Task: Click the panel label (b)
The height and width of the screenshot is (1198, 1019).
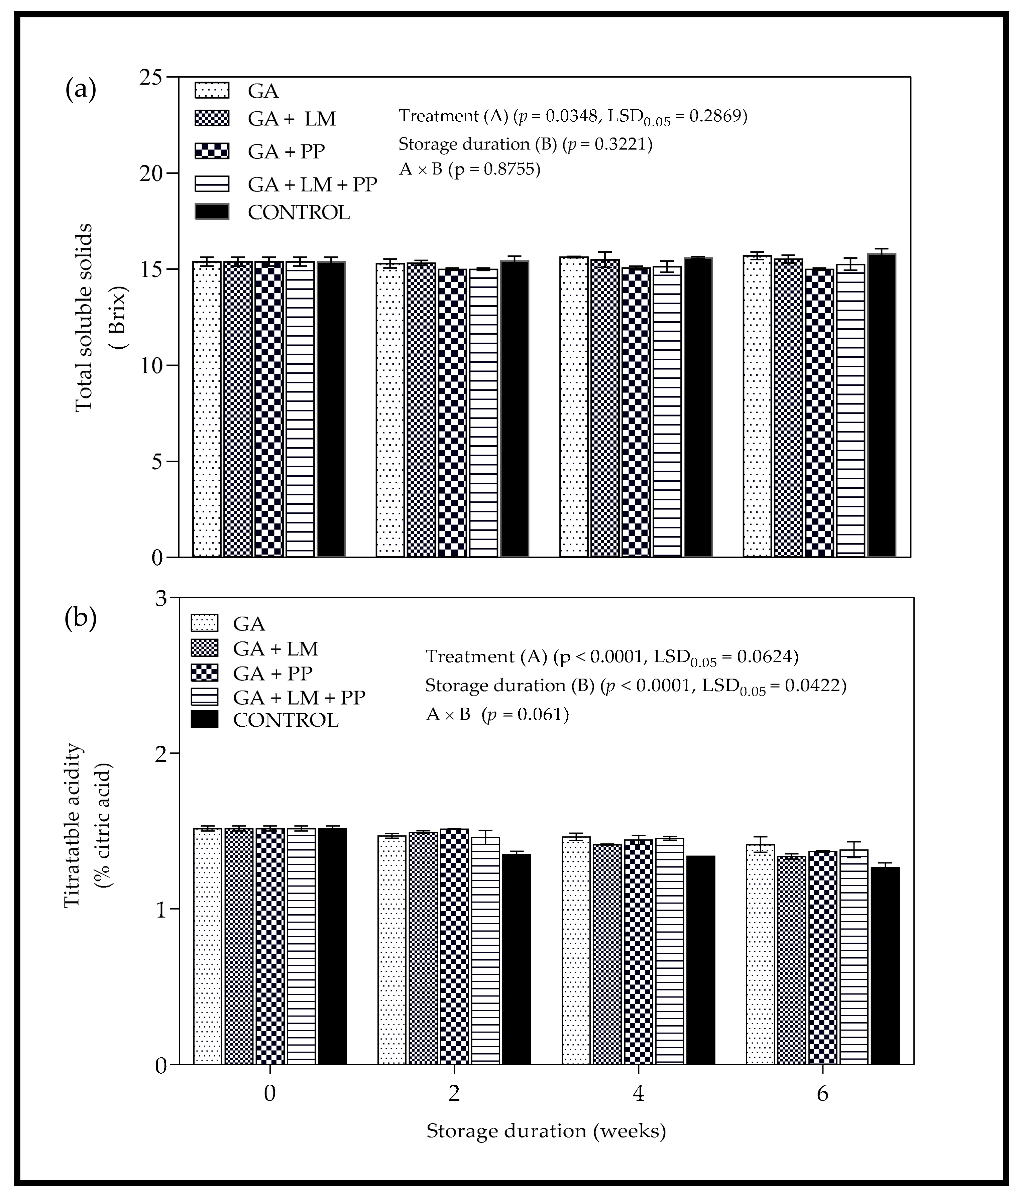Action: [x=81, y=618]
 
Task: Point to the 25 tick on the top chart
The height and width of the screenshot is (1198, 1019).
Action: [x=151, y=77]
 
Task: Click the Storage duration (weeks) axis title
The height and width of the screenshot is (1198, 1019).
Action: [x=546, y=1130]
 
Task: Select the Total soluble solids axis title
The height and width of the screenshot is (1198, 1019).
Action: [x=84, y=317]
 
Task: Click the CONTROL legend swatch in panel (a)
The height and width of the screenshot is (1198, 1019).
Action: [x=212, y=212]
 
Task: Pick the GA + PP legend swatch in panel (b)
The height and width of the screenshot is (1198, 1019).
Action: [x=205, y=673]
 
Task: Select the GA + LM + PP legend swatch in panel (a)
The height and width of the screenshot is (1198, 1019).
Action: [x=212, y=184]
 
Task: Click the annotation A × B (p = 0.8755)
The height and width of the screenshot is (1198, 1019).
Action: [x=469, y=169]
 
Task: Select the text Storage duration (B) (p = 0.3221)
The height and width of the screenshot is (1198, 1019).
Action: [x=525, y=144]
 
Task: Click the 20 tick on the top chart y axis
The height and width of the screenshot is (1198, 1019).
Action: [x=151, y=173]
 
